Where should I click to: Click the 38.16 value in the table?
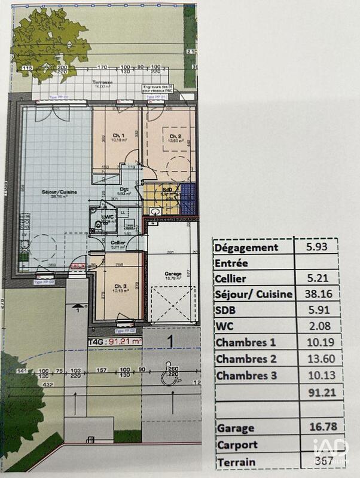[318, 294]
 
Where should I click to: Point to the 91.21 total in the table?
[318, 392]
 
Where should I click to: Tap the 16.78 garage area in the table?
[318, 428]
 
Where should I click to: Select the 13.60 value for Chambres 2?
[318, 359]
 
